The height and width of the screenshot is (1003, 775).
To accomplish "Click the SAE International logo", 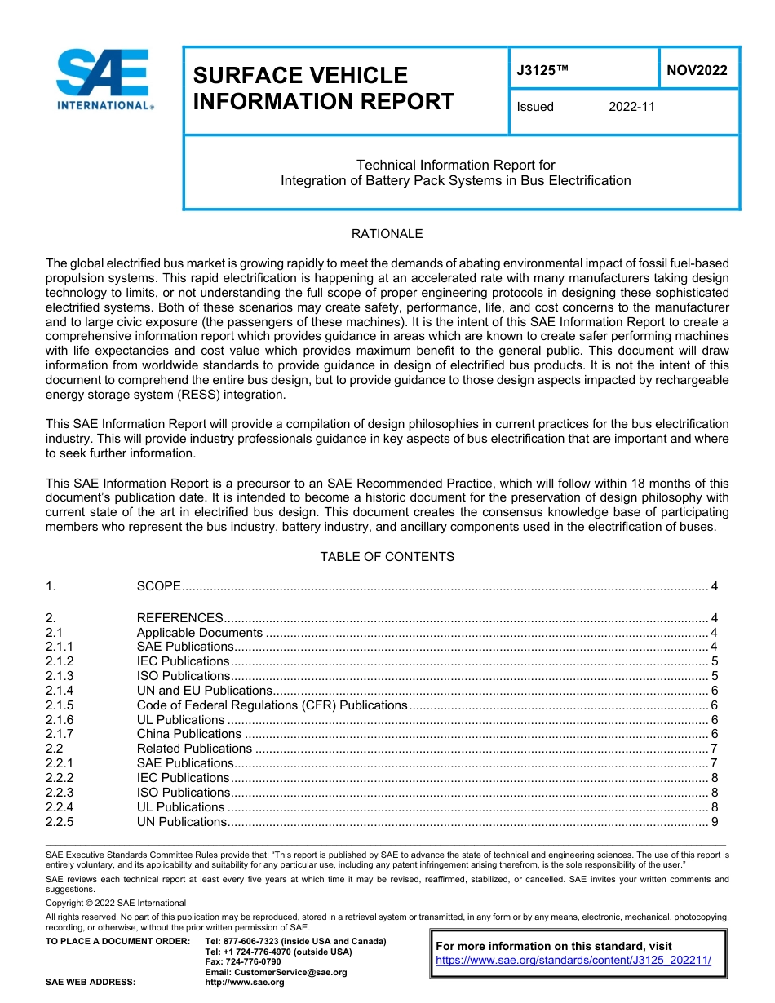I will [104, 79].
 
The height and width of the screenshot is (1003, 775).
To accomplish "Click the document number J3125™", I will [542, 70].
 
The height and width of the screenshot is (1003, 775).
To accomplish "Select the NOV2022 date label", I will [697, 70].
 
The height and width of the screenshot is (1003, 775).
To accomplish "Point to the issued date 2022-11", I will [631, 107].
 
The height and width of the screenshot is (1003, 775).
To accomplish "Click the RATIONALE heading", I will [387, 234].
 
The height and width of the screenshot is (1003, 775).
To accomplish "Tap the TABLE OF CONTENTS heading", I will [387, 557].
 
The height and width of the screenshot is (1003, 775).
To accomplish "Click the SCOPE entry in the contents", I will [158, 586].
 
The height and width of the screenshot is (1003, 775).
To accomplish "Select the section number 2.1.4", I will [60, 691].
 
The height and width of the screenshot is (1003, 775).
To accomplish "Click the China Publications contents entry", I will [188, 734].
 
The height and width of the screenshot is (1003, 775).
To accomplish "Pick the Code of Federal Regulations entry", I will [272, 705].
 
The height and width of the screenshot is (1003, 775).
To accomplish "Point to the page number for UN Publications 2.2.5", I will [715, 822].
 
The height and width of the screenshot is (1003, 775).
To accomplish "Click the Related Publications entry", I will [194, 749].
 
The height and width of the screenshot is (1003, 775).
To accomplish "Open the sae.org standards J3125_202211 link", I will [573, 961].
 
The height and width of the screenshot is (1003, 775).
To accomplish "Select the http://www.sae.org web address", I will [245, 983].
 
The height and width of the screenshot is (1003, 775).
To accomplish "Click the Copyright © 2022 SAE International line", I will [116, 903].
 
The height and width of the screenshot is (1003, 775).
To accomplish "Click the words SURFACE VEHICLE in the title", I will [300, 76].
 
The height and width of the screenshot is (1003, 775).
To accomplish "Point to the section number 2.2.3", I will [60, 793].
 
